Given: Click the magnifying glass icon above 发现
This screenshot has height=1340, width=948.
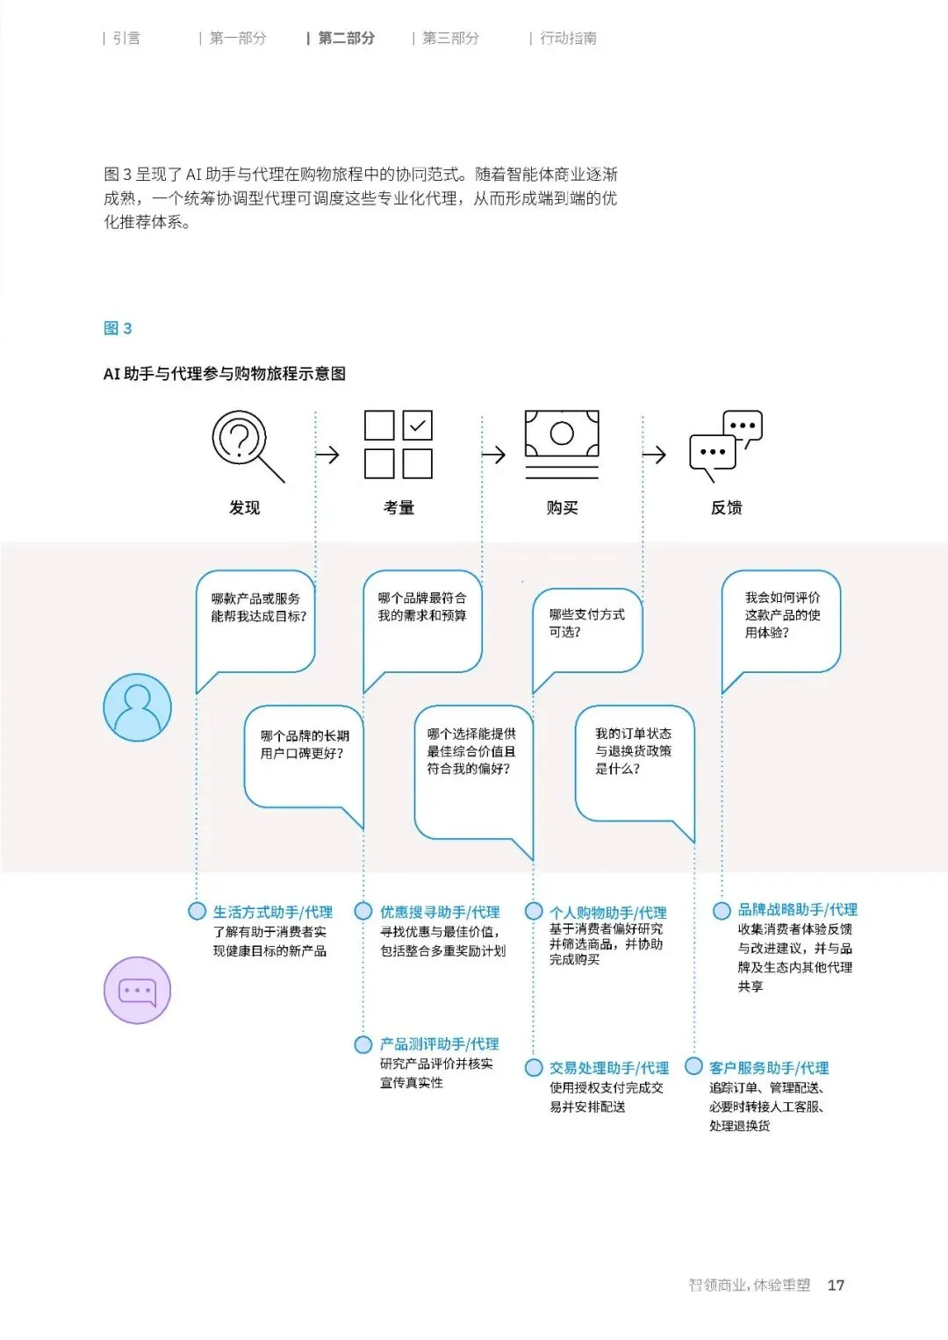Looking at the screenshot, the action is pyautogui.click(x=244, y=443).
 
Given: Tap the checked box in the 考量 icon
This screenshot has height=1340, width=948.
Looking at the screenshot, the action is pyautogui.click(x=418, y=426).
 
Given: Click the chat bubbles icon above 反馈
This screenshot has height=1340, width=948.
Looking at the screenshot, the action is pyautogui.click(x=726, y=444).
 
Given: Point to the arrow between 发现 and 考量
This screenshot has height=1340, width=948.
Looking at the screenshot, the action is pyautogui.click(x=327, y=455).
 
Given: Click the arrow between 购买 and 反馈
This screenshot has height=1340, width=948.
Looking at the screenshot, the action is pyautogui.click(x=654, y=455).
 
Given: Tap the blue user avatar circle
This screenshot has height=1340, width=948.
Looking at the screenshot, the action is pyautogui.click(x=138, y=707).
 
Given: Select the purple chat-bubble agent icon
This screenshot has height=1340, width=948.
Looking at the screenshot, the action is pyautogui.click(x=137, y=990).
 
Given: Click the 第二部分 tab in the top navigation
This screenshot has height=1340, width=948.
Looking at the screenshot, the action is pyautogui.click(x=346, y=39).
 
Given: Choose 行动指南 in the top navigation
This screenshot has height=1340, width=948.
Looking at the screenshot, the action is pyautogui.click(x=568, y=39).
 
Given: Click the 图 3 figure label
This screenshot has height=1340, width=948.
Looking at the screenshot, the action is pyautogui.click(x=118, y=328).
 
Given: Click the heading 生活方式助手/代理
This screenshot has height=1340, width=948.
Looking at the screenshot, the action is pyautogui.click(x=273, y=912).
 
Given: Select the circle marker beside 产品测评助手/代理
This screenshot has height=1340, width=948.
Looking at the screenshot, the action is pyautogui.click(x=363, y=1044).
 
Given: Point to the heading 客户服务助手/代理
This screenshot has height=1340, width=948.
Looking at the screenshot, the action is pyautogui.click(x=769, y=1068).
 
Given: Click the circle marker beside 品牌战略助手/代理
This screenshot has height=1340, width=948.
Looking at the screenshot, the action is pyautogui.click(x=722, y=911).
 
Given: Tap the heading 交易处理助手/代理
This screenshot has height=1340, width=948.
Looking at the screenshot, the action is pyautogui.click(x=609, y=1068).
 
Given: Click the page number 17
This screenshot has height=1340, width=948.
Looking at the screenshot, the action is pyautogui.click(x=836, y=1285).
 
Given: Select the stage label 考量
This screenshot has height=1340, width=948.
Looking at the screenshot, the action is pyautogui.click(x=399, y=507).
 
